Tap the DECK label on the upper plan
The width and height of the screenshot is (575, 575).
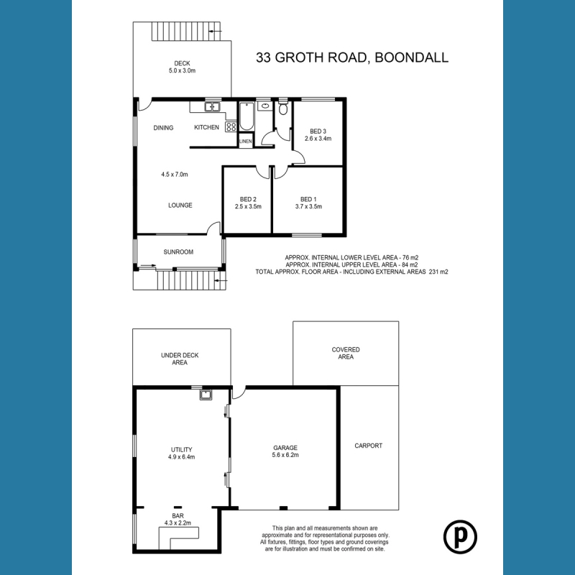(182, 63)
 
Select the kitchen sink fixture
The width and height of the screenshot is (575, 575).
(212, 108)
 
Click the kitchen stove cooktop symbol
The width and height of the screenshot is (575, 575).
(231, 126)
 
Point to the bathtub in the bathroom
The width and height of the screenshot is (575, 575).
(247, 117)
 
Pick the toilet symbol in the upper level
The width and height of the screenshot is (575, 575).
(283, 110)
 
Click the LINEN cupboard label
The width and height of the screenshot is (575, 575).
(246, 142)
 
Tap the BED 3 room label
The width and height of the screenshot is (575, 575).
(318, 131)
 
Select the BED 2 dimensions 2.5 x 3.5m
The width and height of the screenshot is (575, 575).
(248, 207)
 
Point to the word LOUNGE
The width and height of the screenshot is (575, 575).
(180, 205)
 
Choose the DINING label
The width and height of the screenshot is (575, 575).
(163, 128)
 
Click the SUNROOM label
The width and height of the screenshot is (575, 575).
(177, 252)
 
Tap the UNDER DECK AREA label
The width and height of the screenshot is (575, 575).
(180, 359)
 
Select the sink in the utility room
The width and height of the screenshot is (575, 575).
(206, 395)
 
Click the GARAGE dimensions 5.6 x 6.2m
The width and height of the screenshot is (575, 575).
(285, 455)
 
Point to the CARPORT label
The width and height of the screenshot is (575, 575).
(369, 446)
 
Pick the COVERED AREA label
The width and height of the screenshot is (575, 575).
(346, 353)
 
